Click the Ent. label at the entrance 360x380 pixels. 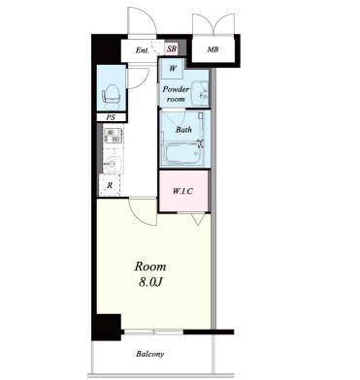click(x=142, y=50)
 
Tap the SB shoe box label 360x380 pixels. click(x=172, y=49)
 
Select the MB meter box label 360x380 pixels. click(x=213, y=49)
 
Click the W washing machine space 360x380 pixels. click(x=173, y=69)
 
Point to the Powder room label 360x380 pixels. click(x=176, y=94)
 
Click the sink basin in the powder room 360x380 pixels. click(x=200, y=93)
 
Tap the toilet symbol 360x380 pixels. click(x=112, y=93)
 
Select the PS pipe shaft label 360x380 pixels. click(x=111, y=117)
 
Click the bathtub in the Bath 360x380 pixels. click(x=183, y=154)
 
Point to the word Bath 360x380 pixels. click(x=183, y=130)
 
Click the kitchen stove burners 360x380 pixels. click(x=113, y=136)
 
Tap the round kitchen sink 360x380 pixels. click(x=112, y=163)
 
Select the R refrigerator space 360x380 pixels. click(x=110, y=185)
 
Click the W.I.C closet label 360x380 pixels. click(x=182, y=191)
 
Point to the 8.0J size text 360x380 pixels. click(x=150, y=282)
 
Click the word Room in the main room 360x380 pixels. click(x=150, y=267)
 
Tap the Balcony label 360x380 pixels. click(x=150, y=354)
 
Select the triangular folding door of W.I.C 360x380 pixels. click(x=198, y=219)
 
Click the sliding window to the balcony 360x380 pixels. click(x=153, y=332)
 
